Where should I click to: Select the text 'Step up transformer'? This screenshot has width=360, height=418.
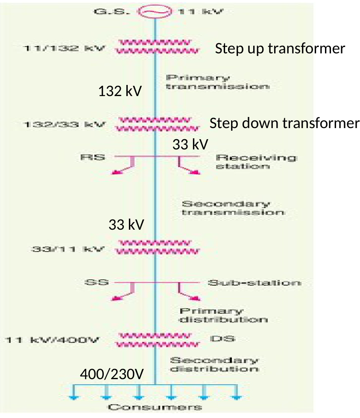coord(280,49)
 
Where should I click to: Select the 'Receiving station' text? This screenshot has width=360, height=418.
coord(255,162)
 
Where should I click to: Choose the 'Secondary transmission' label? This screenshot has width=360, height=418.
coord(232,208)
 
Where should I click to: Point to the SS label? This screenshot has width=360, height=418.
coord(97,282)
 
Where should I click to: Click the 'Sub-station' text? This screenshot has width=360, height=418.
coord(254,283)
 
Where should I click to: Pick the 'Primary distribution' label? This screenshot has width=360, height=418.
coord(223,315)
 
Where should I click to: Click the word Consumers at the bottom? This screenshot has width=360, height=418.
coord(155,407)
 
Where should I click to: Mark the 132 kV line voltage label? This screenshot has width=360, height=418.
coord(120,91)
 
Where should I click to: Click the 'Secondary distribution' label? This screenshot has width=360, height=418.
coord(214,364)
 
